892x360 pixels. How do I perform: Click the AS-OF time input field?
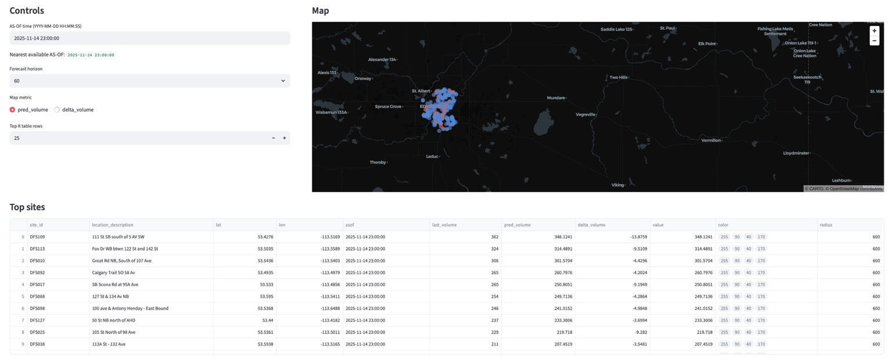(149, 38)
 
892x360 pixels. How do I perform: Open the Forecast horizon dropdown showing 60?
(149, 81)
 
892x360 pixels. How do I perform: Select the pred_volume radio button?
(12, 110)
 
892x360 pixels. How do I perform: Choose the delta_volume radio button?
(57, 110)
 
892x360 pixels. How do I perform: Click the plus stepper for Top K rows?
(285, 138)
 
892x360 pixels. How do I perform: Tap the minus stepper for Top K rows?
(274, 138)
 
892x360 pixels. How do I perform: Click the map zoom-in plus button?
(874, 31)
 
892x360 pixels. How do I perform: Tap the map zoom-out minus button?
(874, 41)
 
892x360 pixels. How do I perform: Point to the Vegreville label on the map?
(585, 114)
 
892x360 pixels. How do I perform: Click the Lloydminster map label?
(796, 153)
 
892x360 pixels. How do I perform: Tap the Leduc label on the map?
(432, 156)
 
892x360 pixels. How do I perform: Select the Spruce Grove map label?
(388, 106)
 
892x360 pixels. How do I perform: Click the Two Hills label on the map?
(618, 77)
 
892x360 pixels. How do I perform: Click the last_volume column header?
(444, 225)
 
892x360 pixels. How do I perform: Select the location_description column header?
(113, 225)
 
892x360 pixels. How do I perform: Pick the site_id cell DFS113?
(37, 249)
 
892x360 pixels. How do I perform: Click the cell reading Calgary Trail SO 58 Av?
(113, 272)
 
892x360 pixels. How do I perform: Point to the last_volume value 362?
(494, 237)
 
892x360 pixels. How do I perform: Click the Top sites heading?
(27, 207)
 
